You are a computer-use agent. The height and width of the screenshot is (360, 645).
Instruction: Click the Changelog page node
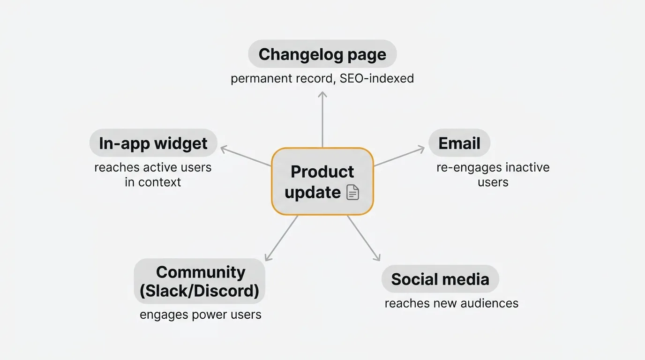coord(322,54)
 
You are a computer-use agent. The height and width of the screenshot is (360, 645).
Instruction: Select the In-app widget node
coord(153,143)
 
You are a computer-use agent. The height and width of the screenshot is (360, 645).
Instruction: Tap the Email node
coord(459,143)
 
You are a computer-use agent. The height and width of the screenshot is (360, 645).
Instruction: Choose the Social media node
coord(440,279)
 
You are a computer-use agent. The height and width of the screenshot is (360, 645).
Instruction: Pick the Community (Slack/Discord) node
coord(199,281)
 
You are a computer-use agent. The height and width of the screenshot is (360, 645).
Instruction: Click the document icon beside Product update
coord(352,193)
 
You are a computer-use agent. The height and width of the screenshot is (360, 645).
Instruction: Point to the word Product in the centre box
coord(322,172)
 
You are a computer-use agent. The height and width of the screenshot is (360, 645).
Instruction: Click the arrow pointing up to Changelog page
coord(322,120)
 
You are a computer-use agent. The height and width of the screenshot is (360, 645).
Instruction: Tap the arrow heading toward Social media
coord(363,238)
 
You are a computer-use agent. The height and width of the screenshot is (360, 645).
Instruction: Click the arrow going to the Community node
coord(281,238)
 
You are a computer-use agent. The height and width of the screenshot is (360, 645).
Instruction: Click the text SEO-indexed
coord(376,78)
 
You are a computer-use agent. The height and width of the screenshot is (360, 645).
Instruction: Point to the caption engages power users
coord(200,314)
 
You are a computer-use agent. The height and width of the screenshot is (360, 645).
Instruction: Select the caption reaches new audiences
coord(451,303)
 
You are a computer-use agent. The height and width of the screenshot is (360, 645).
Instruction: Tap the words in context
coord(153,182)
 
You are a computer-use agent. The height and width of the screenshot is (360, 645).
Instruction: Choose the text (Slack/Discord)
coord(199,291)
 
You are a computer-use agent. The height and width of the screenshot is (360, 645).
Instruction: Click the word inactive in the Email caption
coord(522,167)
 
